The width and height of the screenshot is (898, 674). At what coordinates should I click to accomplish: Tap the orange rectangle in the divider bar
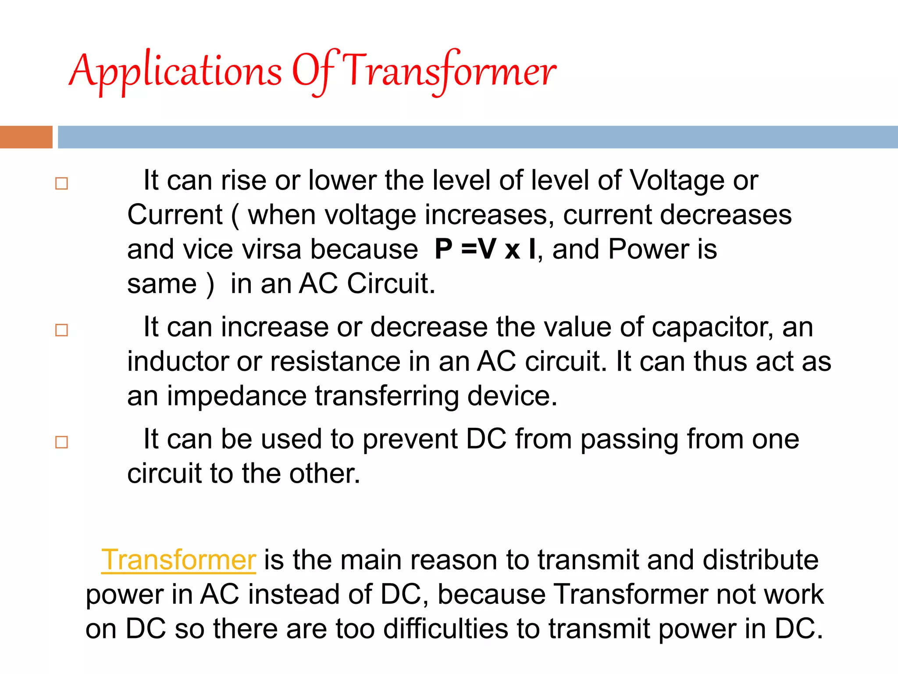(x=26, y=137)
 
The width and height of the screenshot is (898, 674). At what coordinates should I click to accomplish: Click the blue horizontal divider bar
(x=478, y=137)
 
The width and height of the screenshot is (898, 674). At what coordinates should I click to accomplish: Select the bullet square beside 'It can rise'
(x=62, y=183)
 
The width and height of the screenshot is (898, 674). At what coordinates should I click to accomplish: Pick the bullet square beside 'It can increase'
(x=62, y=330)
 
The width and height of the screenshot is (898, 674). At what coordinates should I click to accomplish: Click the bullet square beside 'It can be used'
(x=62, y=442)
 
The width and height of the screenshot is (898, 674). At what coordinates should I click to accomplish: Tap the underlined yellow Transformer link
(x=178, y=560)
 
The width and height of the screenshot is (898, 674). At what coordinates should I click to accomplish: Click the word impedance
(x=236, y=396)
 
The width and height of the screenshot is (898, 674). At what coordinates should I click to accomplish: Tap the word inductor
(x=178, y=362)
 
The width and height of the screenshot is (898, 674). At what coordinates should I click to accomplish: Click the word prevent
(x=410, y=439)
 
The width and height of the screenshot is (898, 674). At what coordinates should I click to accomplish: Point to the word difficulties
(x=445, y=628)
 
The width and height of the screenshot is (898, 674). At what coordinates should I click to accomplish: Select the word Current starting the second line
(x=175, y=215)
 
